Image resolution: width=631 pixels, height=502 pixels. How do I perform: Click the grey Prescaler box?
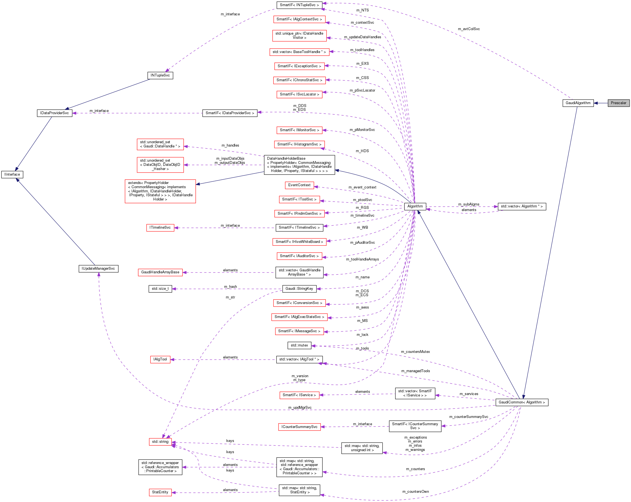(618, 103)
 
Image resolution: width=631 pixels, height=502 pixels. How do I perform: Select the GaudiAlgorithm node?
(578, 103)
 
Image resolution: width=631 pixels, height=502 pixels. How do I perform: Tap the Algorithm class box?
(415, 206)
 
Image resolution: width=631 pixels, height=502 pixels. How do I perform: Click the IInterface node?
(12, 174)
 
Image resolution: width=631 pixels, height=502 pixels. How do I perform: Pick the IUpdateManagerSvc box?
(98, 269)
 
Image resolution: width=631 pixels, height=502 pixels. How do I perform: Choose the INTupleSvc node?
(160, 75)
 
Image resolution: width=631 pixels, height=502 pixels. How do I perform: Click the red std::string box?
(160, 442)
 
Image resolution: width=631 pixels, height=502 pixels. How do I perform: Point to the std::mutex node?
(299, 345)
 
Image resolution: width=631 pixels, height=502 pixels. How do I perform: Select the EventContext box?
(299, 185)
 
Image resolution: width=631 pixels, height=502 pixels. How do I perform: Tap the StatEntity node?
(160, 492)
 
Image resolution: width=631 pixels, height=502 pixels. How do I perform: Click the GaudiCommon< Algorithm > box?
(522, 403)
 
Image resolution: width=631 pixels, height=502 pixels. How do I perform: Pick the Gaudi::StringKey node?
(299, 289)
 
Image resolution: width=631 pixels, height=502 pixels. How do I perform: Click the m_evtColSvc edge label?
(469, 29)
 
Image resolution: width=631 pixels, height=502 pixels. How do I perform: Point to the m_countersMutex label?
(415, 352)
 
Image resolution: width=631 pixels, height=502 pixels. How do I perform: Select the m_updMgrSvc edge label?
(300, 407)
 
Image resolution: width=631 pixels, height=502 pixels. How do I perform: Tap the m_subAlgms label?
(469, 204)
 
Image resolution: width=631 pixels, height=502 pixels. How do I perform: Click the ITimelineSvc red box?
(160, 228)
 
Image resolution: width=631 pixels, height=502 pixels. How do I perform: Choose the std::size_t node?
(160, 289)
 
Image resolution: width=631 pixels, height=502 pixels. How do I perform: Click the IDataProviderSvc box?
(54, 113)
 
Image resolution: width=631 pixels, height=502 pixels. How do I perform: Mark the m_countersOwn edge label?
(415, 492)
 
